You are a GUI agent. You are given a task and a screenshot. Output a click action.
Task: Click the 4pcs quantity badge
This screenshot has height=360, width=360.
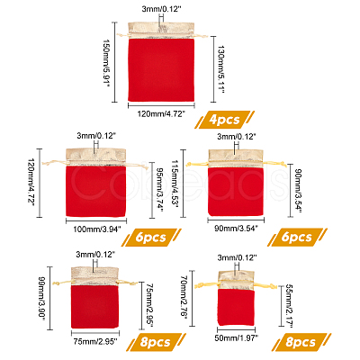pos(225,120)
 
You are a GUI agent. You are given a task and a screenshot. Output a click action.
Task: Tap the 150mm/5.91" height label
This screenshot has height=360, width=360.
pos(104,62)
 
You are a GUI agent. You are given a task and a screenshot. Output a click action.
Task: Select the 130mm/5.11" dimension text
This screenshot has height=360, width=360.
pos(220,69)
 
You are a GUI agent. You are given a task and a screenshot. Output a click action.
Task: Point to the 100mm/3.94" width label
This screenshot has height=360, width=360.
pos(97,229)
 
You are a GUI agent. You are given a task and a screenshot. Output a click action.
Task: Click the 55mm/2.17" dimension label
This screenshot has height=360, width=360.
pos(288,305)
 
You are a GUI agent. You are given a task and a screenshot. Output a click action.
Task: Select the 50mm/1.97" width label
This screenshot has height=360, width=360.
pos(237,338)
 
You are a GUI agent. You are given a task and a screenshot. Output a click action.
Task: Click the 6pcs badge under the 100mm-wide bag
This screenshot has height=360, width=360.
pos(151,238)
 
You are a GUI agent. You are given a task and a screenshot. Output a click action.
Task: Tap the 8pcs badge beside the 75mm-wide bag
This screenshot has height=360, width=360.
pos(155,342)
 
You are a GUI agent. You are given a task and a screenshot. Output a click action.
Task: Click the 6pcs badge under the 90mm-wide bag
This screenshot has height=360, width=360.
pos(297,238)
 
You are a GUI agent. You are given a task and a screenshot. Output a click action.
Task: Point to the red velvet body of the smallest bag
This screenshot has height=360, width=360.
pos(236,307)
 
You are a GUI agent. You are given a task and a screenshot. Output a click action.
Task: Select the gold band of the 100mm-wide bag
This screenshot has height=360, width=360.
pos(95,157)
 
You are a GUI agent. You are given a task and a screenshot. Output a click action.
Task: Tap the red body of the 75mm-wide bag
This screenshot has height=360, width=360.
pos(94,307)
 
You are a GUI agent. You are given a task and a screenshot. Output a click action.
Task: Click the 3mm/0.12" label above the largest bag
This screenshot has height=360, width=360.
pos(162,9)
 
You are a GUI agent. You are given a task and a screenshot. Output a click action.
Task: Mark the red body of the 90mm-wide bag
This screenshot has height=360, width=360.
pos(236,192)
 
